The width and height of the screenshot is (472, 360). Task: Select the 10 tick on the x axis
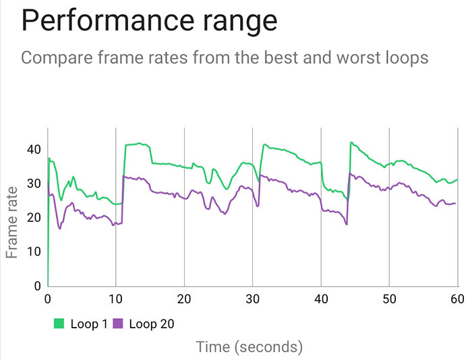116,299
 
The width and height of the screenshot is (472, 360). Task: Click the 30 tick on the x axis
253,299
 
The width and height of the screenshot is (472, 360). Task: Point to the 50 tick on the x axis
389,299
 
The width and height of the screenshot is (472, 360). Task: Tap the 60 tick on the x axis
457,299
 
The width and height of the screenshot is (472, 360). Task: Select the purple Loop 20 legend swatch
118,324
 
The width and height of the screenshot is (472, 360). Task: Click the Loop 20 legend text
151,324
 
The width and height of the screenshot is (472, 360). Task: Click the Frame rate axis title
12,222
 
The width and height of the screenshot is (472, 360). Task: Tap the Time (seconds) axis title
249,347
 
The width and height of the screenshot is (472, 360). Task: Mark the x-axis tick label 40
321,299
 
